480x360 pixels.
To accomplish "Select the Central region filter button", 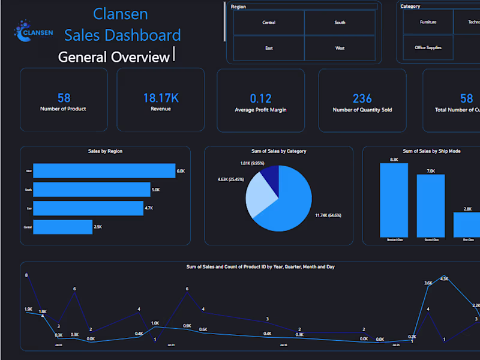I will click(269, 23).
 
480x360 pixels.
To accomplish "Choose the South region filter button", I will click(340, 23).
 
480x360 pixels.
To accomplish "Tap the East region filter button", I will click(269, 48).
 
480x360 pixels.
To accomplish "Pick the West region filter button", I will click(340, 48).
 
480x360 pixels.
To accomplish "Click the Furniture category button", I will click(428, 22).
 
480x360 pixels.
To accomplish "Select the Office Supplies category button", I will click(428, 47).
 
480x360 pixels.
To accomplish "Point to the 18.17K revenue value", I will click(161, 98).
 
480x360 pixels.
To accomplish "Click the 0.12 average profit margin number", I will click(260, 98).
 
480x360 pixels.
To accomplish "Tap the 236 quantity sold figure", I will click(362, 98).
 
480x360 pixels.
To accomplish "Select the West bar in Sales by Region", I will click(104, 171).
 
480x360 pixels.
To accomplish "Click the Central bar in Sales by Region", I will click(62, 227).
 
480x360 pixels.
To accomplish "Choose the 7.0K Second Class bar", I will click(430, 205).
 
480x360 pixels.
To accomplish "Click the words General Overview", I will click(113, 57).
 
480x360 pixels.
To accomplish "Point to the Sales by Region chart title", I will click(105, 151).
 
